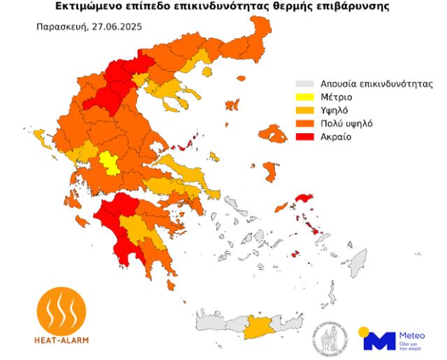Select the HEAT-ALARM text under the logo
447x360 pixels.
click(x=61, y=339)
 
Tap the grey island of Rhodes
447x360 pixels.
click(x=358, y=263)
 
